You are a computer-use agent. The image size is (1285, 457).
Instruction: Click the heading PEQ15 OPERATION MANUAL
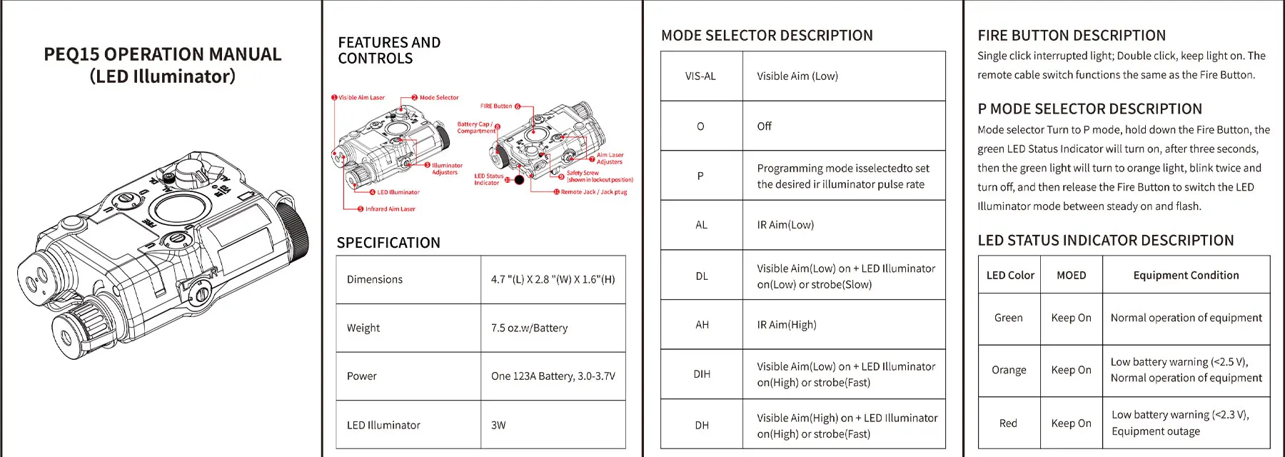(162, 55)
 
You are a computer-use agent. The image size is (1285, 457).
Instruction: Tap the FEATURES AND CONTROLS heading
(389, 50)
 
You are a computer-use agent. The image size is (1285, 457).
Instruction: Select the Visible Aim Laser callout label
(361, 98)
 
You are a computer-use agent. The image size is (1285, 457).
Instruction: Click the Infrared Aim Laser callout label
(390, 209)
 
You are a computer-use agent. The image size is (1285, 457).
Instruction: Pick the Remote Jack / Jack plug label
(593, 192)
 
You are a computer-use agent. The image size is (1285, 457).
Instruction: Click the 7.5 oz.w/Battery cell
(529, 328)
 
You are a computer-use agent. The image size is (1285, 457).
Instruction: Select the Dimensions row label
(375, 279)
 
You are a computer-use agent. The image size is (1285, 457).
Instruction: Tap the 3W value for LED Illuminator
(498, 425)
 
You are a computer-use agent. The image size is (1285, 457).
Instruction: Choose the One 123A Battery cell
(553, 376)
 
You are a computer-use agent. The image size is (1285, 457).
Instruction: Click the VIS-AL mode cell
(700, 76)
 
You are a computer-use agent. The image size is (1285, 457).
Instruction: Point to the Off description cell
(765, 126)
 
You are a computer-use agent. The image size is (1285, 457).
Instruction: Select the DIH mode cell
(702, 374)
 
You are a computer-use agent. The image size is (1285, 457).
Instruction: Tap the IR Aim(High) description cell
(787, 325)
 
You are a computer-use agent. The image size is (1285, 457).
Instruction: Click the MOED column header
(1071, 276)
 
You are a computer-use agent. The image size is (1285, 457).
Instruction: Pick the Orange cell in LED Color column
(1009, 370)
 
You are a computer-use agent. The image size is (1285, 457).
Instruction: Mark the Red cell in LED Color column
(1008, 423)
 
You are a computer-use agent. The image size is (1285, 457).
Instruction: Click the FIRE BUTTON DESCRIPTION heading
(1072, 36)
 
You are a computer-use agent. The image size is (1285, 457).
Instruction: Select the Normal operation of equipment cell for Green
(1186, 318)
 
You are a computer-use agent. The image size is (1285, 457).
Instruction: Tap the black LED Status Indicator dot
(519, 180)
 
